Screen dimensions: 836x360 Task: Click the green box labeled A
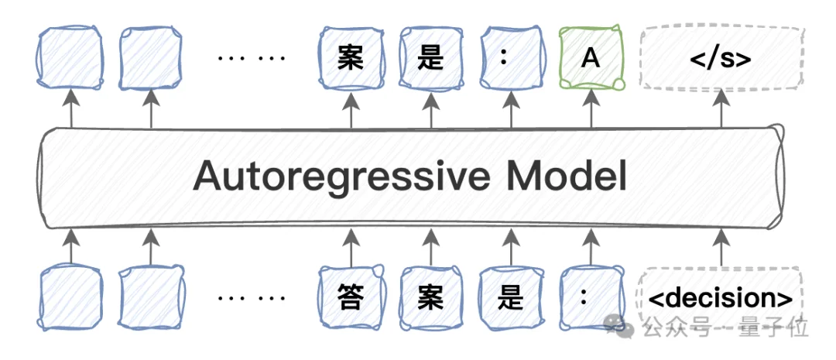tap(591, 58)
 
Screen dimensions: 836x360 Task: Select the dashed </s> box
tap(721, 58)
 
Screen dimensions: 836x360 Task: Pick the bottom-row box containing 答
tap(351, 297)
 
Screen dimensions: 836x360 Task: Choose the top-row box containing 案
tap(351, 58)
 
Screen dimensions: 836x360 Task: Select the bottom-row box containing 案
tap(431, 297)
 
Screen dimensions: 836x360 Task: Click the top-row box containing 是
tap(431, 58)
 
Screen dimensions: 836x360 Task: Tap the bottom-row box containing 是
tap(511, 297)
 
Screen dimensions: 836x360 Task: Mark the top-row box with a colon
tap(511, 58)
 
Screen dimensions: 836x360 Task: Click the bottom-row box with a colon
tap(591, 297)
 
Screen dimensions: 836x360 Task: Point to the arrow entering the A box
tap(591, 109)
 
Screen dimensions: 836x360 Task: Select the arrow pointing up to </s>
tap(721, 109)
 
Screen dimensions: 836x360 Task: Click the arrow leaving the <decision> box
tap(721, 247)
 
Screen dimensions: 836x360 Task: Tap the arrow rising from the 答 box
tap(351, 247)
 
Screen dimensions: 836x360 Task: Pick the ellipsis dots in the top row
tap(252, 57)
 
